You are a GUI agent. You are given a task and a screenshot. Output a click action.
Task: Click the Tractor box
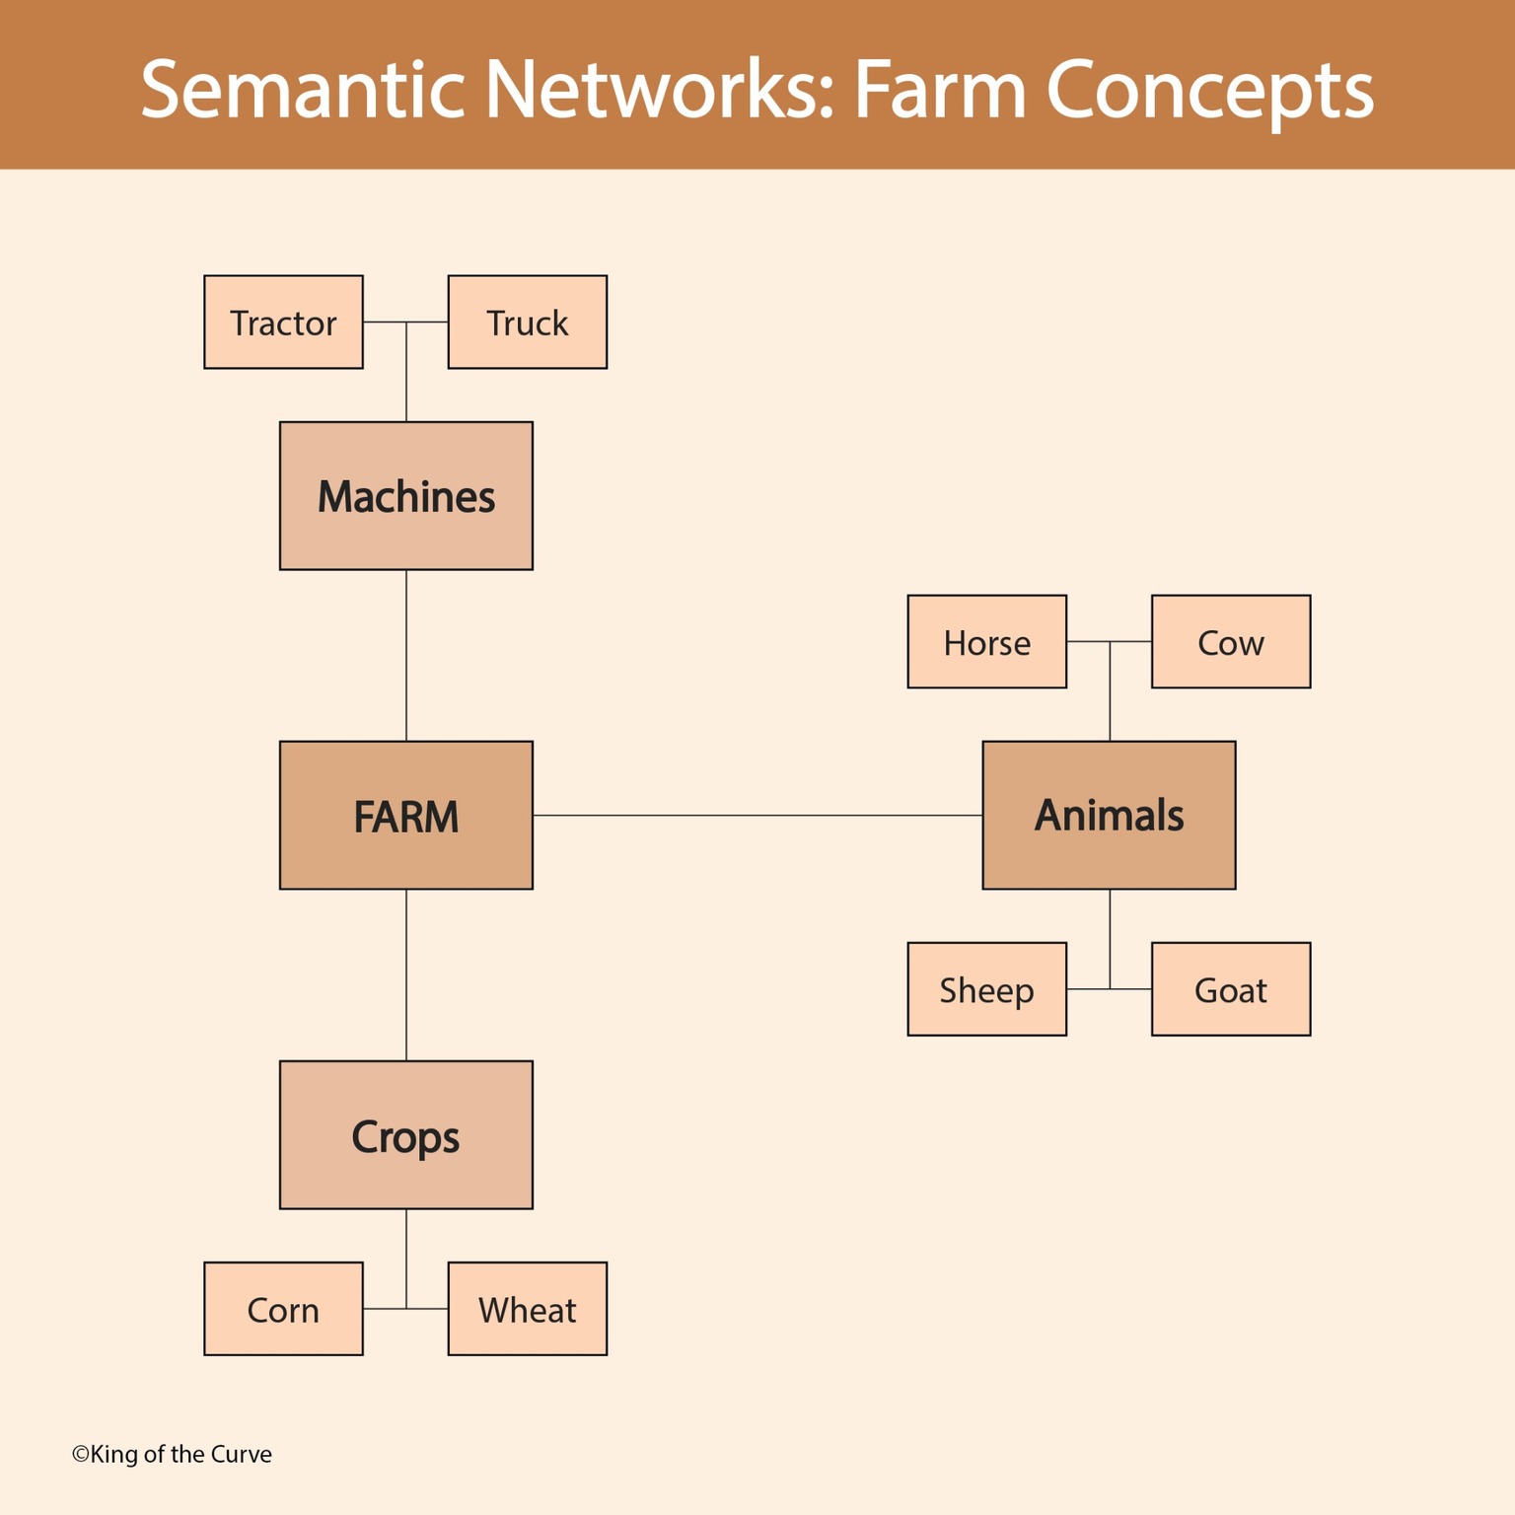point(283,323)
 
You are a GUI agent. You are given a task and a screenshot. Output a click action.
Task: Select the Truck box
point(527,323)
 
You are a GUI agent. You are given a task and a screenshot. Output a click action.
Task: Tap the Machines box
point(405,496)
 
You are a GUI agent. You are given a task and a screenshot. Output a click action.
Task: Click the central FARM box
point(405,816)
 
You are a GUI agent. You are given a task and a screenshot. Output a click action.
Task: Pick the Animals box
point(1109,816)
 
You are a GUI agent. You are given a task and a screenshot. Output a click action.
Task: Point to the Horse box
point(986,642)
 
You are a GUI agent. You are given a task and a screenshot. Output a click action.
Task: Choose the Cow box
point(1230,642)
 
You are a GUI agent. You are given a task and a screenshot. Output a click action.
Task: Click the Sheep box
point(986,989)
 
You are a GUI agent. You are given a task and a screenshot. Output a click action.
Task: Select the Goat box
point(1230,989)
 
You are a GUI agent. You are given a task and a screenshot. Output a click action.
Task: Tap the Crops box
point(405,1135)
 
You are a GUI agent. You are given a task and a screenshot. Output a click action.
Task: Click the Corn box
point(283,1309)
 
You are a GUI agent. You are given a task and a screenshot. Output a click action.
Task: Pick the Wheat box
point(527,1309)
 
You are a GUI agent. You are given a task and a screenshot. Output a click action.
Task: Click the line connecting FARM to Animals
point(757,816)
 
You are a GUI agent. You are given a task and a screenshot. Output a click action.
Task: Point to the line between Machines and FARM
point(406,656)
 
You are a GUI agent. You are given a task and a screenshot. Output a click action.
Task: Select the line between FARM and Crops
point(406,975)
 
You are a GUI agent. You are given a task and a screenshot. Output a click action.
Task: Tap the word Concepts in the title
point(1209,90)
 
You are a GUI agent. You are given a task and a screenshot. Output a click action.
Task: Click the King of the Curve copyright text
point(172,1454)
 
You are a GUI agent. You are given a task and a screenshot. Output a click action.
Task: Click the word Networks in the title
point(659,90)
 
